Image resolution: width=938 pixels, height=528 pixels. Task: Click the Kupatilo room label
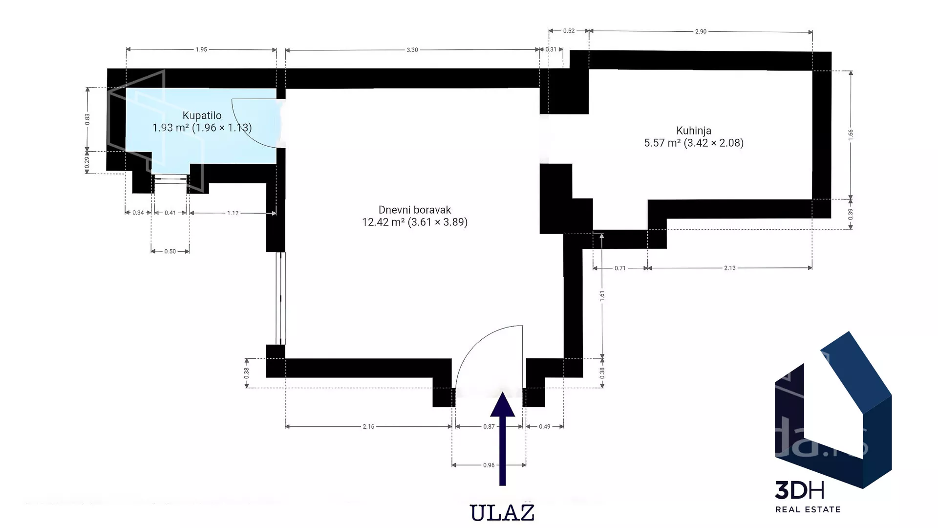click(x=202, y=116)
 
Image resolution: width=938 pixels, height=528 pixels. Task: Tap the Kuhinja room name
click(x=694, y=131)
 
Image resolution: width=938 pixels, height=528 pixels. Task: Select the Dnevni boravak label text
click(x=415, y=210)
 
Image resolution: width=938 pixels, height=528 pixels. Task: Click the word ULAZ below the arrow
click(x=502, y=513)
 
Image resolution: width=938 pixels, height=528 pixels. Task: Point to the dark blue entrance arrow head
click(x=502, y=404)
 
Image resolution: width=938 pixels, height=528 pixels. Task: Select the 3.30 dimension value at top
click(x=412, y=50)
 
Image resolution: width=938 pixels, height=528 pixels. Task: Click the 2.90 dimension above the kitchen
click(x=701, y=31)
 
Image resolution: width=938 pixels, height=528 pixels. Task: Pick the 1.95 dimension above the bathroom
click(x=201, y=49)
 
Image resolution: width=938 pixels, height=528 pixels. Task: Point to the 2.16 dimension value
click(x=368, y=427)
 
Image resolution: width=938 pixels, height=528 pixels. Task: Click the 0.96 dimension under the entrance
click(x=489, y=465)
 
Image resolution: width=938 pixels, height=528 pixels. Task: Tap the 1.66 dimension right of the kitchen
click(x=851, y=133)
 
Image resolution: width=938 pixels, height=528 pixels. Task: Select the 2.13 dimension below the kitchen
click(x=730, y=268)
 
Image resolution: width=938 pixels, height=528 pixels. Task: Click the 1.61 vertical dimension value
click(x=602, y=295)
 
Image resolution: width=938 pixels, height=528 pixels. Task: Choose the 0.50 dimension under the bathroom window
click(x=170, y=251)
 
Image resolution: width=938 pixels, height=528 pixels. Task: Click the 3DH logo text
click(x=800, y=490)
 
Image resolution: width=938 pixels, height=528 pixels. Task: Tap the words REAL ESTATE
click(x=808, y=509)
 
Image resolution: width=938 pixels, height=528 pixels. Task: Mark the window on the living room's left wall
click(x=280, y=299)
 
